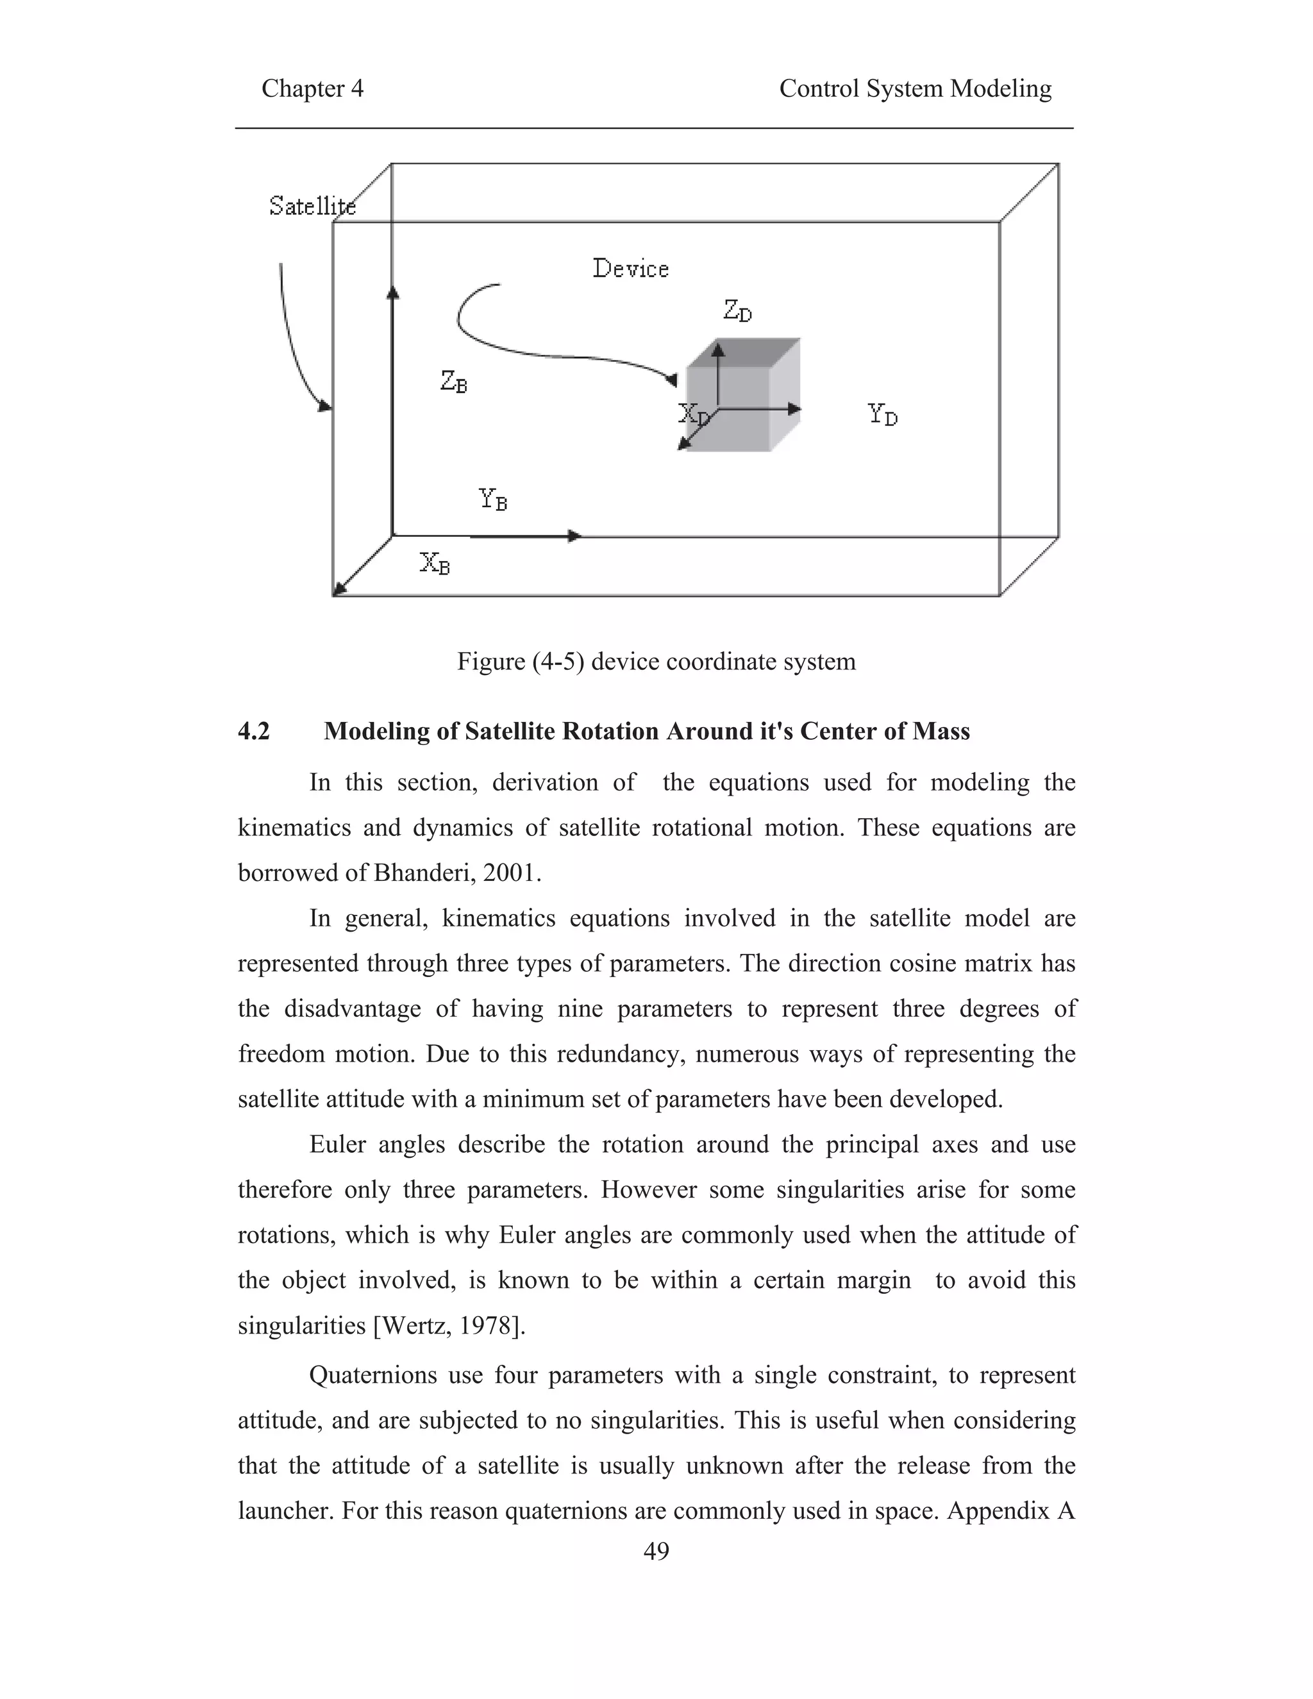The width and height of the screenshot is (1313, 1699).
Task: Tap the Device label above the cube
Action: [630, 269]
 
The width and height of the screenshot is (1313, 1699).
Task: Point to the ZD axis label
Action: [737, 311]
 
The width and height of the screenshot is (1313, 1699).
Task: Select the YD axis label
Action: [882, 414]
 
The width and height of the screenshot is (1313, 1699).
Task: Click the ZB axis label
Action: [453, 381]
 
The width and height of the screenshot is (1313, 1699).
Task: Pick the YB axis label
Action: [492, 499]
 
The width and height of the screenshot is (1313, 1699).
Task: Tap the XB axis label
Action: [435, 562]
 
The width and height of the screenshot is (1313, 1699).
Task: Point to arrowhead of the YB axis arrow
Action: [575, 536]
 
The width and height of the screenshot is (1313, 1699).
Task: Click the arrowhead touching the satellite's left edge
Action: [325, 406]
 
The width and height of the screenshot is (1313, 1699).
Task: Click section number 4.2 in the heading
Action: [254, 732]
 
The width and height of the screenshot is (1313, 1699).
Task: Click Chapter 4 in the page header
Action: [312, 88]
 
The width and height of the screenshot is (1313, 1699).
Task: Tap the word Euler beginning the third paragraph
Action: [338, 1144]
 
